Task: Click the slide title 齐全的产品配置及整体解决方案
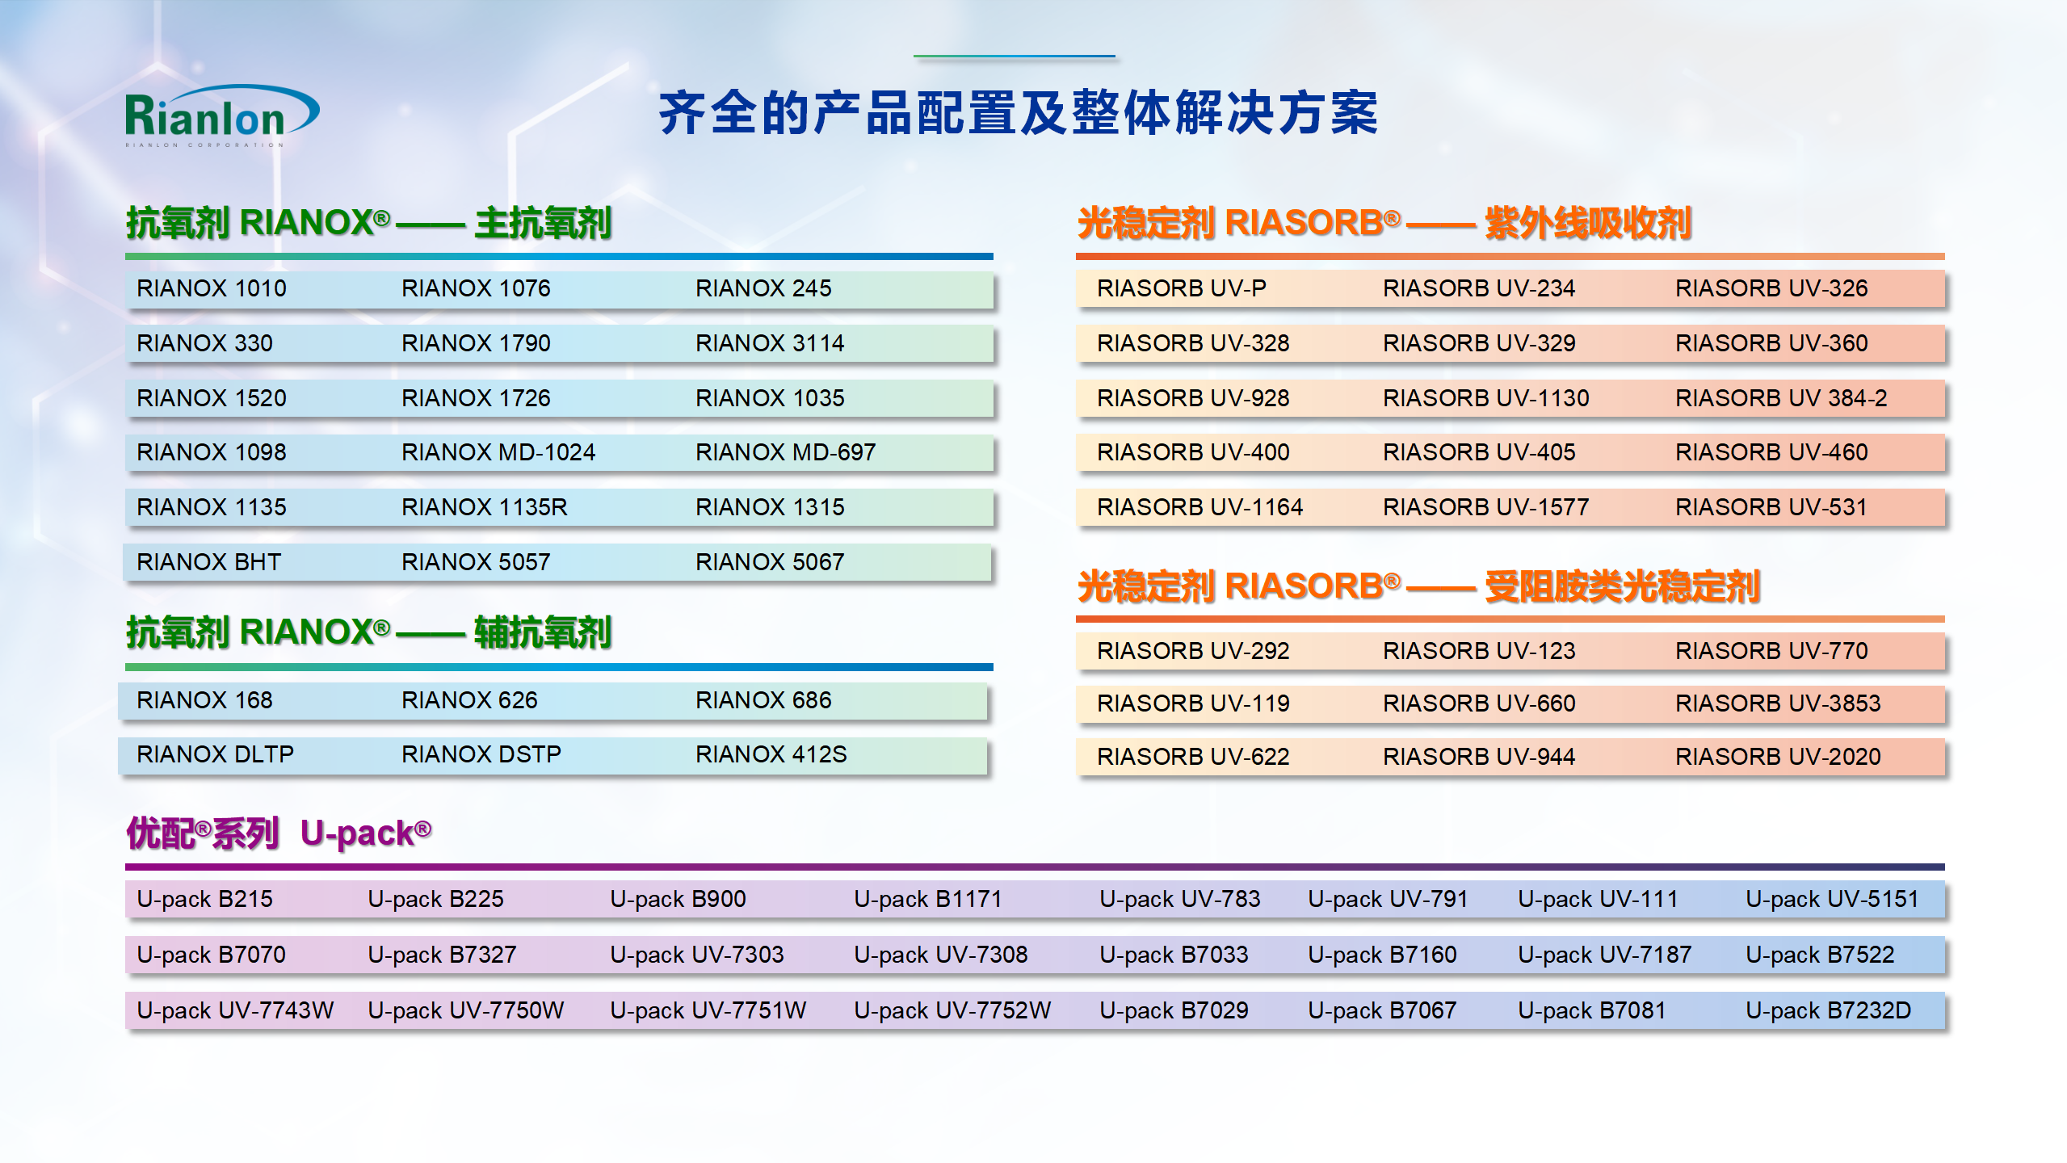pos(1019,113)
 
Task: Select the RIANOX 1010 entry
pos(212,288)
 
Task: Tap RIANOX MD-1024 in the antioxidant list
pos(498,452)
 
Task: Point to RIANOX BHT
pos(209,562)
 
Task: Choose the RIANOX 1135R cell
pos(485,507)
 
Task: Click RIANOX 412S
pos(771,754)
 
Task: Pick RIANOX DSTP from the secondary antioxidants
pos(481,754)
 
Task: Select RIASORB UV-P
pos(1182,288)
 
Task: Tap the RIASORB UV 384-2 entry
pos(1781,398)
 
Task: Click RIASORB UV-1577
pos(1486,507)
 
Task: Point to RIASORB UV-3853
pos(1778,703)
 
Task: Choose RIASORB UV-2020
pos(1778,757)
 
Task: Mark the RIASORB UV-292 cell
pos(1193,651)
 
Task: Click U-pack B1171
pos(928,899)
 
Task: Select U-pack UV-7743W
pos(235,1010)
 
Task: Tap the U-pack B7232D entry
pos(1829,1010)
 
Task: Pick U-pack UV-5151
pos(1832,899)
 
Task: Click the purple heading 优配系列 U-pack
pos(279,833)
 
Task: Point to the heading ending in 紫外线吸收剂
pos(1384,224)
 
